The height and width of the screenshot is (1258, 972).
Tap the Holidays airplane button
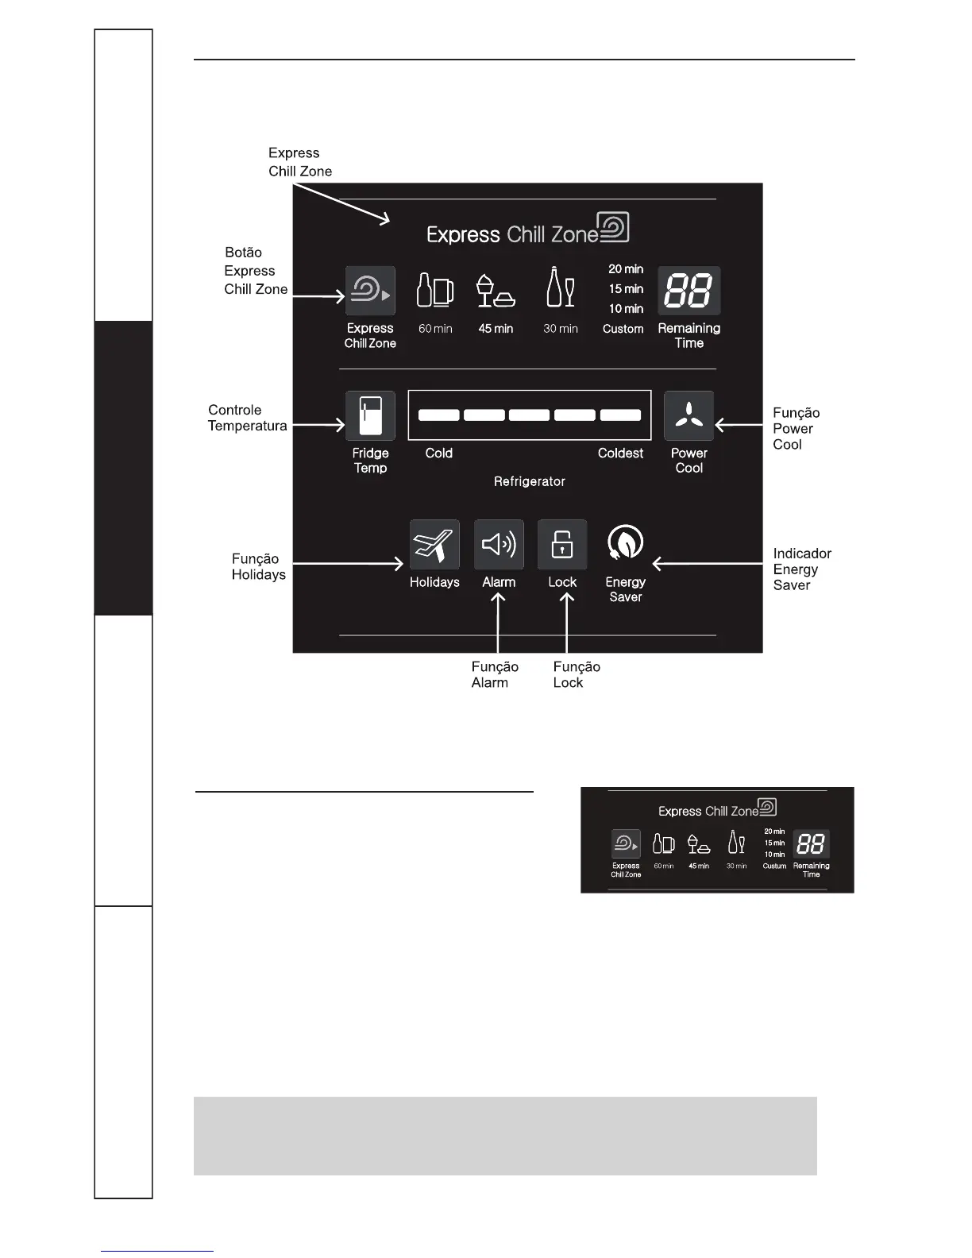434,545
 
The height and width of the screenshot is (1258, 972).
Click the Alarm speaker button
499,545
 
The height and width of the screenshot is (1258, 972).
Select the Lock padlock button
562,545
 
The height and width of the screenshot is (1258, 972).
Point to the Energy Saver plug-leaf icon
625,543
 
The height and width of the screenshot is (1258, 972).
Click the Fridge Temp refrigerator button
370,415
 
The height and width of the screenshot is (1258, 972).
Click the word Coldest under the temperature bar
620,453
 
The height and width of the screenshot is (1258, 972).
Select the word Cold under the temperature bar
438,453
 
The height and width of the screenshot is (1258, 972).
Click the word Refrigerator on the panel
529,481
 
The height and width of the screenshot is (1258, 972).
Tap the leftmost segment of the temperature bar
438,415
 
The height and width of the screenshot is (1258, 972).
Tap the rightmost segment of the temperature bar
620,415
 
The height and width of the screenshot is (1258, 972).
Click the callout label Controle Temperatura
247,418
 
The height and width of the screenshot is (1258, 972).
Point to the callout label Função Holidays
258,566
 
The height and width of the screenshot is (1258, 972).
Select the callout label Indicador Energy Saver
802,569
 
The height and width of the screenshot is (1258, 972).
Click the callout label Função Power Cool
796,428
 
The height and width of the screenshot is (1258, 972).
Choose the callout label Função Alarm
494,674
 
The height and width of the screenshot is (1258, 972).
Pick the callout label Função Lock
577,674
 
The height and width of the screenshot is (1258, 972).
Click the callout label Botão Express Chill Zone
255,271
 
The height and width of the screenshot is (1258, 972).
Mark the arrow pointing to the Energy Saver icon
711,564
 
